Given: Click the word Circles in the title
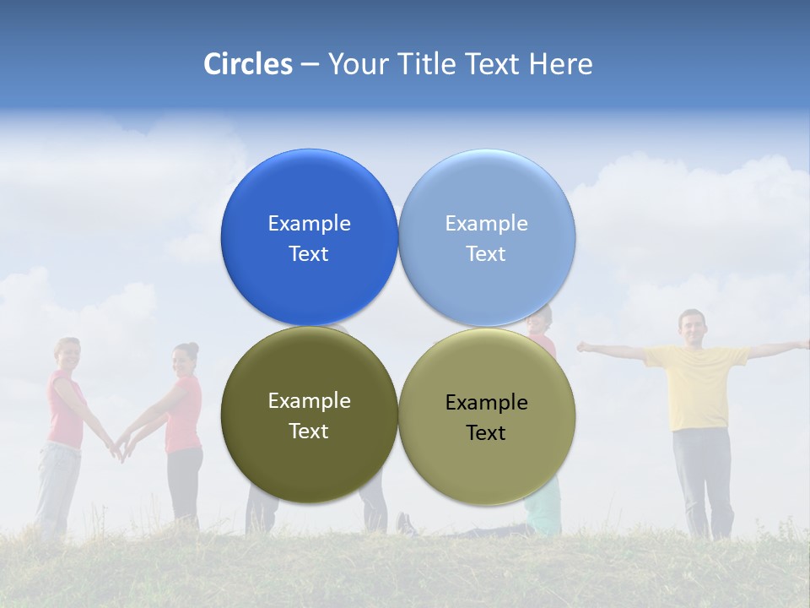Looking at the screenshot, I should [248, 64].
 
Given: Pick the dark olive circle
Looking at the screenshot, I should [309, 460].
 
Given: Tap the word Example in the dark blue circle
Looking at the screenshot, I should [309, 223].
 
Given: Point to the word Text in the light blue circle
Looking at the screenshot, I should [486, 253].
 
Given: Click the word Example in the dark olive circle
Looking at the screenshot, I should [309, 400].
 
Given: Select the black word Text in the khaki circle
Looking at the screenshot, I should [486, 432].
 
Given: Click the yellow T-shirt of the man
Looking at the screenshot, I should [696, 384].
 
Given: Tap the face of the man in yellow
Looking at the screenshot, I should [691, 327].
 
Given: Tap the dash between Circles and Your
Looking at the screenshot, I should [310, 64].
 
